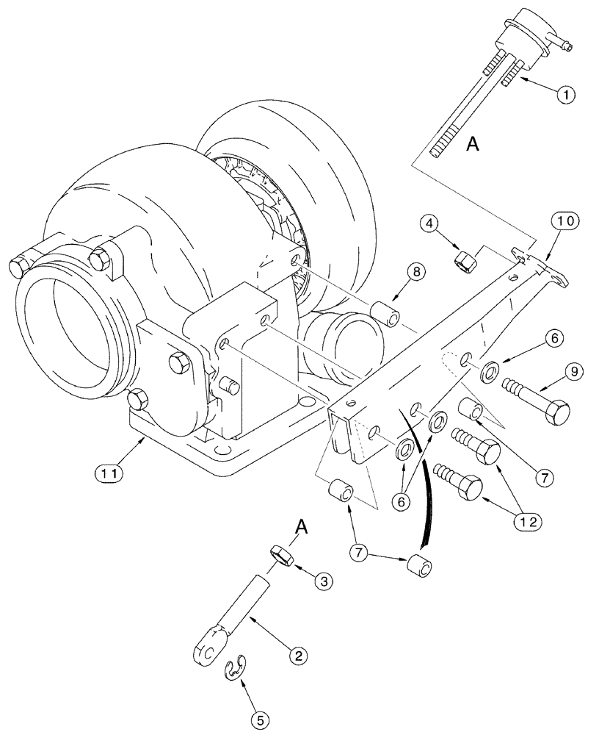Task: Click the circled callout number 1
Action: [x=565, y=94]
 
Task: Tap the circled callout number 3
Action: [x=324, y=581]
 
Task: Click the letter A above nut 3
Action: [x=300, y=527]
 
